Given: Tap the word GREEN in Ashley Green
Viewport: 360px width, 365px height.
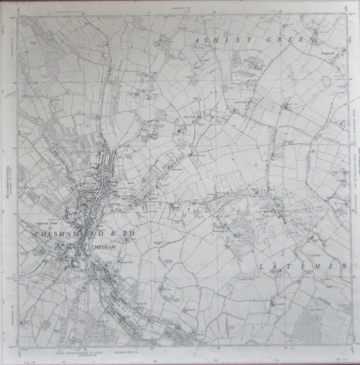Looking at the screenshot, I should pos(291,41).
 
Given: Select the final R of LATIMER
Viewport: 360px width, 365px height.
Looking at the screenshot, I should pos(346,267).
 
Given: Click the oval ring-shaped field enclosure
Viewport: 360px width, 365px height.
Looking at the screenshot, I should pos(326,81).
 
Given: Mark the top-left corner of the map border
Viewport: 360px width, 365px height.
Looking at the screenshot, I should pos(18,15).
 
